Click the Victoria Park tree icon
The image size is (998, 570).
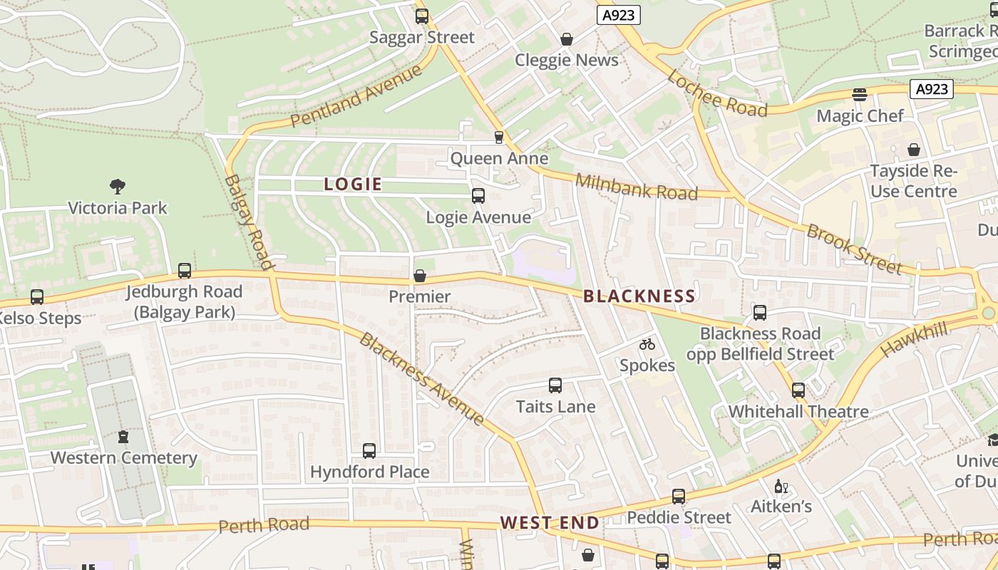pos(118,187)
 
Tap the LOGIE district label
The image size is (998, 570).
pos(353,185)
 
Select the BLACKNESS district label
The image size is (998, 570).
pos(639,296)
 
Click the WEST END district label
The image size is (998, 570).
pos(550,523)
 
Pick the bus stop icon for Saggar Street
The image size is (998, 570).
pos(422,16)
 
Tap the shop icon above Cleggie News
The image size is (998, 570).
pos(567,38)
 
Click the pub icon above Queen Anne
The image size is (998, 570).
pos(498,137)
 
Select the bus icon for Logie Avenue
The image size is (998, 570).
pos(478,196)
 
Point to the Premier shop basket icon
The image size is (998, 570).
pos(420,275)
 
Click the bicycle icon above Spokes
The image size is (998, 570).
pos(647,344)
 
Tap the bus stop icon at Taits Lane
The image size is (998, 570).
pos(555,385)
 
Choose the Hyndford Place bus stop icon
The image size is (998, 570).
pos(369,450)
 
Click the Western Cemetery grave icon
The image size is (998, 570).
pos(123,436)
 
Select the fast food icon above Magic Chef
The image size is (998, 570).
pos(860,95)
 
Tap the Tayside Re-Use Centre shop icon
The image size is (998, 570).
pos(914,150)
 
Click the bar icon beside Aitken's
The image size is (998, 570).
pos(781,487)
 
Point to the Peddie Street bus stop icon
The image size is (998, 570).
pos(679,496)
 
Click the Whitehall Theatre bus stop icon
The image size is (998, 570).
pos(798,390)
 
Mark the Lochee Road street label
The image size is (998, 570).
pos(717,94)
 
